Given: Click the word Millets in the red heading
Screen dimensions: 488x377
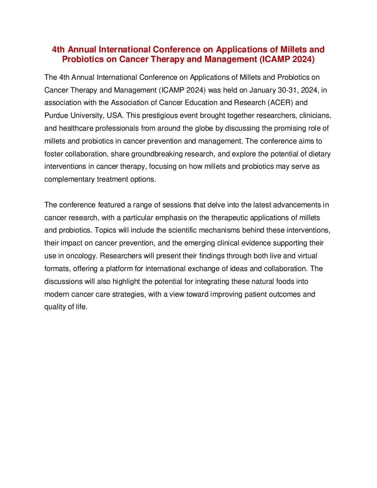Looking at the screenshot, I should (294, 50).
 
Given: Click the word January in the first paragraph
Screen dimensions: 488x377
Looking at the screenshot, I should (262, 90).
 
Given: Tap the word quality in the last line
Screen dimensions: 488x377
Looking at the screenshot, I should (54, 307).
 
